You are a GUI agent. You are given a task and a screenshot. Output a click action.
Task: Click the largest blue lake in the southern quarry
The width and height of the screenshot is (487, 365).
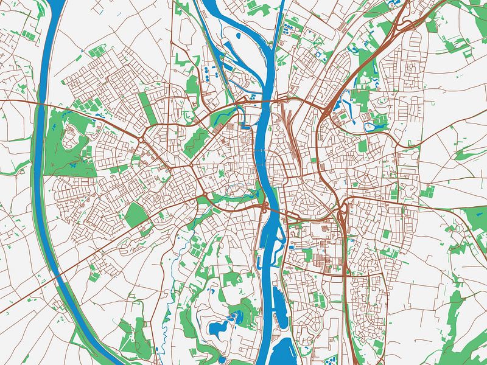[217, 329]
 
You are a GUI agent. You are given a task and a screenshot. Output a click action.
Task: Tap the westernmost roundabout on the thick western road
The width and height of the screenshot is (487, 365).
[141, 140]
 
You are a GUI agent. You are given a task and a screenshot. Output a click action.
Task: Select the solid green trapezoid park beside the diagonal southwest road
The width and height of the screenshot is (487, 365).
[136, 214]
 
